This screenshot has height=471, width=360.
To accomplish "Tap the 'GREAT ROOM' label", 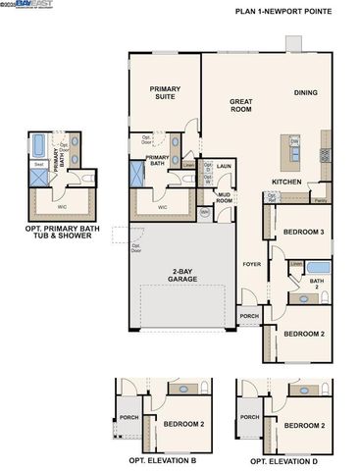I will [x=242, y=105].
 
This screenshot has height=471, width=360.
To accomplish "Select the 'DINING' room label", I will [x=307, y=93].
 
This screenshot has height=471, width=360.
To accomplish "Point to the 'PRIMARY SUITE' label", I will [x=166, y=92].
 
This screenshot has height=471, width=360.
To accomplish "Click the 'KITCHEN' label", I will [x=286, y=182].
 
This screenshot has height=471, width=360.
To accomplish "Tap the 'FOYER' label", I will [x=252, y=264].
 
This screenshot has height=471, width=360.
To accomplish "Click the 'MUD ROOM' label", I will [x=225, y=197].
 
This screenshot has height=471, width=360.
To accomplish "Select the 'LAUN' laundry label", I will [x=224, y=167].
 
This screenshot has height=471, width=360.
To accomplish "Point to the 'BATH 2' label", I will [x=316, y=284].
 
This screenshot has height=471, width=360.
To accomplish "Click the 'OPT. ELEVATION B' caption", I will [x=163, y=460].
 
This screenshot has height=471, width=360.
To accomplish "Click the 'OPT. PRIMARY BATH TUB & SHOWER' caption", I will [x=61, y=232].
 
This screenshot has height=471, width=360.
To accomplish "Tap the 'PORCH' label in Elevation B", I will [x=129, y=416].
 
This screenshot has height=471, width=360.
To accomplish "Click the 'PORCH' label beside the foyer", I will [x=249, y=316].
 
